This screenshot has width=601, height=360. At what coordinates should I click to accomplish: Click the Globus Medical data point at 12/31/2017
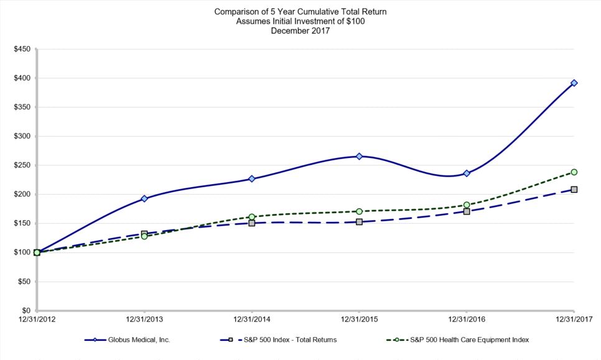point(574,83)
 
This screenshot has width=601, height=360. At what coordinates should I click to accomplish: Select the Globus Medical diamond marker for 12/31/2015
point(359,156)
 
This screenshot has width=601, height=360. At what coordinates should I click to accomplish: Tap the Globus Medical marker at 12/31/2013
point(144,198)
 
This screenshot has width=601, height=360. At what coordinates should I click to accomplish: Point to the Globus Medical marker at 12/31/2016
point(467,173)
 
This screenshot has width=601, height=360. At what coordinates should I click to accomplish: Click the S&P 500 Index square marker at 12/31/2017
point(574,189)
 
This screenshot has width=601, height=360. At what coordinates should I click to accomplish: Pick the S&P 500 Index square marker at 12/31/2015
point(359,221)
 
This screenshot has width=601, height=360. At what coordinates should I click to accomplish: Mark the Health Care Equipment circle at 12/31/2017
point(574,172)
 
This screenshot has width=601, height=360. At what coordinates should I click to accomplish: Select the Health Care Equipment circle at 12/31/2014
point(251,217)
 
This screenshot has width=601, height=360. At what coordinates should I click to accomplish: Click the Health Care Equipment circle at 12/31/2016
point(467,205)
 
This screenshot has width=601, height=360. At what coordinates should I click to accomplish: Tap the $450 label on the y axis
point(22,49)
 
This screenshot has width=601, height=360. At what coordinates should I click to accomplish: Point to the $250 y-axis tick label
point(22,165)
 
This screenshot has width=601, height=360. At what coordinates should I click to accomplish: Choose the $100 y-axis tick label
point(22,252)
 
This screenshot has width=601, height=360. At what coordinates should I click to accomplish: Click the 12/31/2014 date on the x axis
point(251,320)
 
